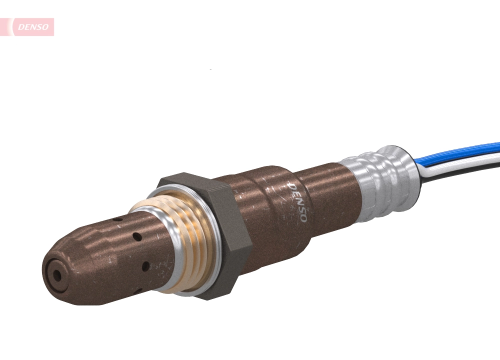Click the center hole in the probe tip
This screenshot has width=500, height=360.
tap(57, 274)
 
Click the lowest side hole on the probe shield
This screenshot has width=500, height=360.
tap(145, 266)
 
